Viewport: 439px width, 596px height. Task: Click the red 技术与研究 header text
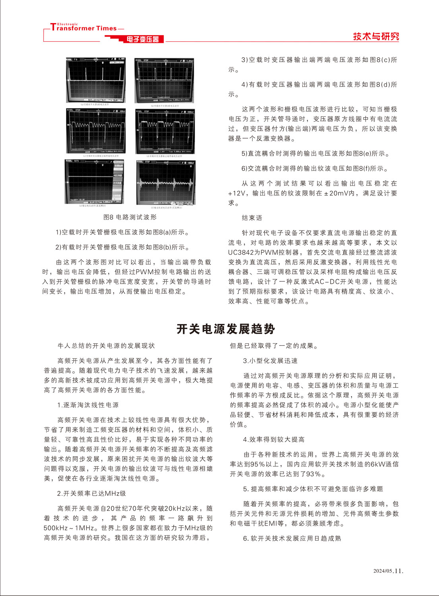[x=376, y=37]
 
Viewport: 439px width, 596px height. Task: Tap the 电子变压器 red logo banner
[x=143, y=39]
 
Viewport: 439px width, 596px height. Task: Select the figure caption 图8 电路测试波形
[x=130, y=217]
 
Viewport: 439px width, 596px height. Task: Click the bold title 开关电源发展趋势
[x=226, y=329]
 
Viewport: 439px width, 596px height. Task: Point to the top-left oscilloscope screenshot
[x=96, y=81]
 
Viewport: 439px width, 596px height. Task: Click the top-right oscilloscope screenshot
[x=164, y=81]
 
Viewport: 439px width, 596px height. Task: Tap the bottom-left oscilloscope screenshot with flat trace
[x=95, y=182]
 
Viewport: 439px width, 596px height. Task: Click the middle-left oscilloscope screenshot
[x=96, y=132]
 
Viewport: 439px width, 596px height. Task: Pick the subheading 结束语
[x=252, y=218]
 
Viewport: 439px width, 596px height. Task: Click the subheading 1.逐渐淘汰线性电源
[x=88, y=405]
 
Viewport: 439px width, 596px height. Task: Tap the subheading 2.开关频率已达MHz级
[x=91, y=493]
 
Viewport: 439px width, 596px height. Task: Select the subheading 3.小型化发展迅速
[x=270, y=361]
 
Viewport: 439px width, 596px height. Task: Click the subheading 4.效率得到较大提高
[x=274, y=439]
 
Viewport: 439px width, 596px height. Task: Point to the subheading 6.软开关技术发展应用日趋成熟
[x=292, y=538]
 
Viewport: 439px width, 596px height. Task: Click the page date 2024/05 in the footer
[x=383, y=571]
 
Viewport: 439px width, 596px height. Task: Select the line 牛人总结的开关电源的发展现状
[x=106, y=346]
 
